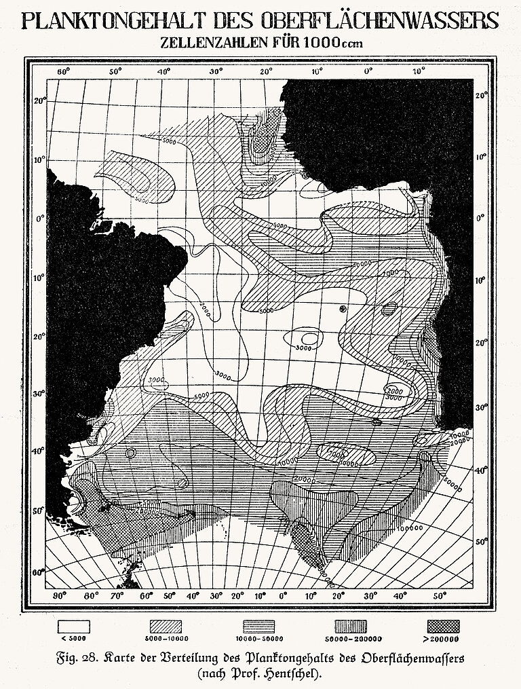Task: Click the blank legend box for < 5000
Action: coord(73,625)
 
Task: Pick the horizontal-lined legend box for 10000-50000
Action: coord(260,625)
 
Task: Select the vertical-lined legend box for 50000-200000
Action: coord(351,625)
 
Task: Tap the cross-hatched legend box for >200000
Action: coord(442,625)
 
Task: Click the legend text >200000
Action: coord(442,639)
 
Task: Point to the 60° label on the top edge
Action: coord(62,71)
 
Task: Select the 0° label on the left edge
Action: coord(39,219)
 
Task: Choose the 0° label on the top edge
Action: coord(370,71)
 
